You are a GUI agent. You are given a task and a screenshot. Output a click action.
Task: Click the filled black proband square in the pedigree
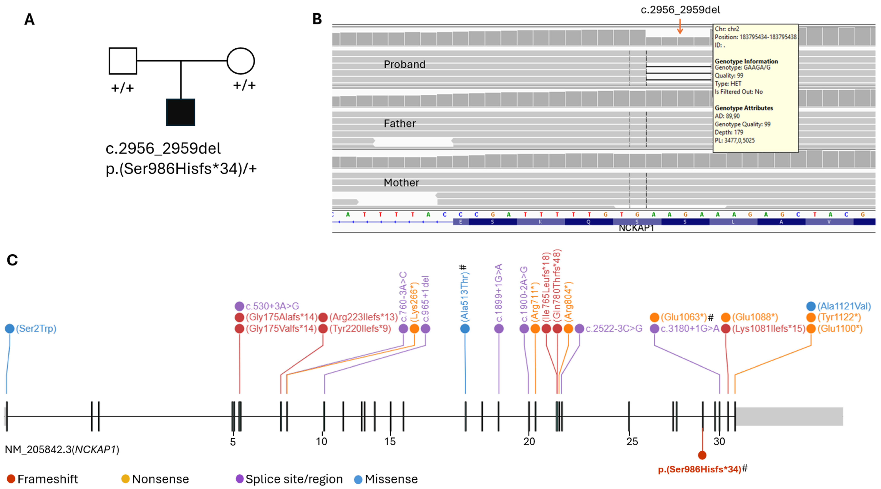pyautogui.click(x=181, y=112)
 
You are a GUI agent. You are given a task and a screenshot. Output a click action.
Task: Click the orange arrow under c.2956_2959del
pyautogui.click(x=680, y=27)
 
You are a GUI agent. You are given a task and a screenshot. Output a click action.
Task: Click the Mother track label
pyautogui.click(x=401, y=183)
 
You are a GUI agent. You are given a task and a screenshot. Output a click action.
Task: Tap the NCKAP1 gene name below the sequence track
pyautogui.click(x=636, y=228)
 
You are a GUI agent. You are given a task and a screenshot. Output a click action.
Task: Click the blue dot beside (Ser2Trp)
pyautogui.click(x=10, y=329)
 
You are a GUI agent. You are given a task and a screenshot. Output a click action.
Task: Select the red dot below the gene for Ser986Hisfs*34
pyautogui.click(x=702, y=455)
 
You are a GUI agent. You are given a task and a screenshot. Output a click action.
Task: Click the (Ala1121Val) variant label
pyautogui.click(x=844, y=306)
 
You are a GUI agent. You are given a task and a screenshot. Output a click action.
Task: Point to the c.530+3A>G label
pyautogui.click(x=272, y=306)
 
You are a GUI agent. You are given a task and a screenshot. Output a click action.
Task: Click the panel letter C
pyautogui.click(x=12, y=260)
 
